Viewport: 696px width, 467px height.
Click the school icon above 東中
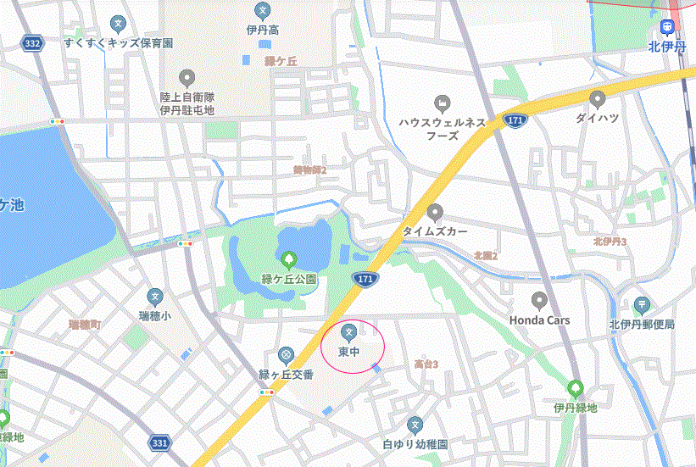[x=348, y=331]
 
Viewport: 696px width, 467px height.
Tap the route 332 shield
[x=32, y=43]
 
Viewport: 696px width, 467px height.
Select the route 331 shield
[x=159, y=442]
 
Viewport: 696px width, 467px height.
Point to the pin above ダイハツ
[x=599, y=97]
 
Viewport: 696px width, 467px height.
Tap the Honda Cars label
[x=539, y=320]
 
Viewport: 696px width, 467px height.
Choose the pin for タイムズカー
[x=435, y=211]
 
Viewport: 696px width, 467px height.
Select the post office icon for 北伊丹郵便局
[x=642, y=305]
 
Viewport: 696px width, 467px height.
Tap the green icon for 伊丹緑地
[x=576, y=389]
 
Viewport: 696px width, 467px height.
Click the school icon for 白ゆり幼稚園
[x=415, y=425]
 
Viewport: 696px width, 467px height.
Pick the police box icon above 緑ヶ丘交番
[x=287, y=354]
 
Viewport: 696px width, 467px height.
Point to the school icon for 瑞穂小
[x=154, y=297]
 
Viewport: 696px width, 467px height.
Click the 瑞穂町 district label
[x=85, y=325]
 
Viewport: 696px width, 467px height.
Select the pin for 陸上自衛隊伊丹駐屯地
[x=187, y=78]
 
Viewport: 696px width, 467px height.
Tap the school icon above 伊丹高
[x=263, y=11]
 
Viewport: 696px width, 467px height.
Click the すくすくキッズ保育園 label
[x=118, y=42]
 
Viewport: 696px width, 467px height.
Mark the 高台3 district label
[x=426, y=364]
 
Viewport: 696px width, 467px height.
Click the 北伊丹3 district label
[x=610, y=242]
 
